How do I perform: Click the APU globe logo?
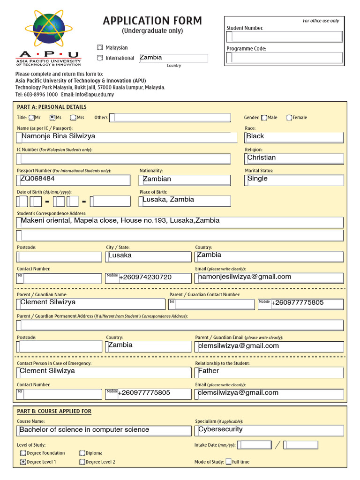(x=48, y=29)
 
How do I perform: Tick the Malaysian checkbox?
(x=99, y=48)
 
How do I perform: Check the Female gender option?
(x=289, y=118)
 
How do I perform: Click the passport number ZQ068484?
(x=37, y=179)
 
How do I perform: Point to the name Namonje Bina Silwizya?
(x=59, y=136)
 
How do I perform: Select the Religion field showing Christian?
(x=262, y=158)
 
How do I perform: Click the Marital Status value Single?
(x=257, y=179)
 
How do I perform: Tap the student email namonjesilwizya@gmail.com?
(x=245, y=277)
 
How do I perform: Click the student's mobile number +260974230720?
(x=145, y=277)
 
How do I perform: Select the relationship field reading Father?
(x=209, y=371)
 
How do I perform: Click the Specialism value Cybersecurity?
(x=221, y=429)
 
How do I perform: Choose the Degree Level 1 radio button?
(x=23, y=462)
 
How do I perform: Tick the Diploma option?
(x=82, y=453)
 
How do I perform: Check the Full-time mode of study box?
(x=228, y=462)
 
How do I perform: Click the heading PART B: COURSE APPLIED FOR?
(x=54, y=411)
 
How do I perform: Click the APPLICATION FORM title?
(x=152, y=21)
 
